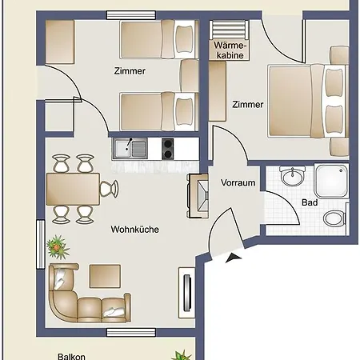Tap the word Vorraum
(x=238, y=182)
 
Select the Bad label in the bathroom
(x=310, y=202)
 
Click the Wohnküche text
(x=134, y=230)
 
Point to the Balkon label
(x=71, y=357)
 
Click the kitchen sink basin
(x=122, y=149)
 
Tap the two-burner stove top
(x=168, y=149)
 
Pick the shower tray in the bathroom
(x=331, y=181)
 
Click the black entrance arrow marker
(x=233, y=257)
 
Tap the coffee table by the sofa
(x=105, y=276)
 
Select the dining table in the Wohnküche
(x=73, y=189)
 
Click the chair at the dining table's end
(x=110, y=189)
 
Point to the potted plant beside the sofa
(x=58, y=247)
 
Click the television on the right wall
(x=188, y=293)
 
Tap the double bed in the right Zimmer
(x=308, y=101)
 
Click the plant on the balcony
(x=182, y=355)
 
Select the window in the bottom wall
(x=131, y=332)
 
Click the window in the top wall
(x=131, y=15)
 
